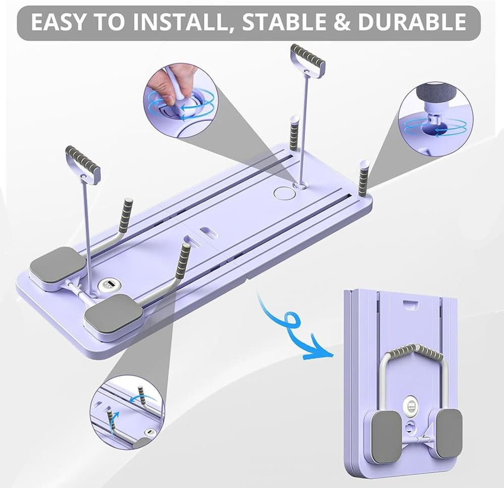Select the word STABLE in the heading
tap(283, 22)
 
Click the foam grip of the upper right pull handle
tap(308, 55)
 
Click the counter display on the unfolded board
tap(109, 284)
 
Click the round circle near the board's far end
tap(284, 193)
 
